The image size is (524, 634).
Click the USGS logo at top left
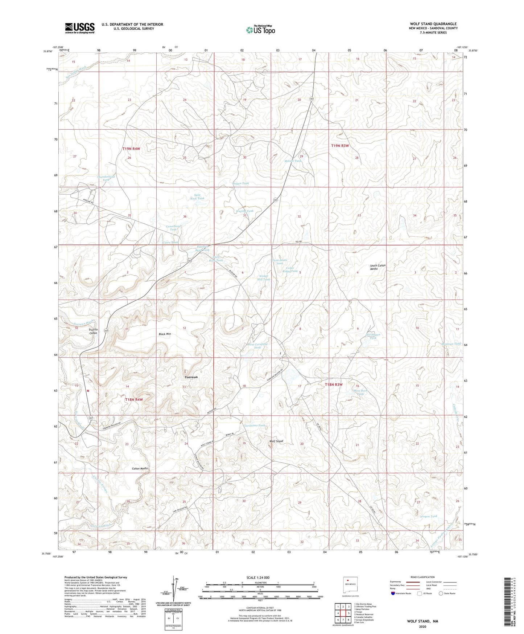click(x=79, y=28)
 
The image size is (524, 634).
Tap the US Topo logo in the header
click(x=260, y=30)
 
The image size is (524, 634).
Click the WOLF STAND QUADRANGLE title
click(x=433, y=24)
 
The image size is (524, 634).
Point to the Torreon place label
click(x=191, y=377)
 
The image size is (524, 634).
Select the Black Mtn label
click(x=165, y=334)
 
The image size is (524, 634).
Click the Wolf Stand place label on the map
click(x=276, y=441)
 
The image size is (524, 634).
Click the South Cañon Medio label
click(x=377, y=267)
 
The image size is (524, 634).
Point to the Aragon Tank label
click(x=429, y=516)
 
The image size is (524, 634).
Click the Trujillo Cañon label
click(x=93, y=331)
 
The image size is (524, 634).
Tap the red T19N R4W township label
click(x=131, y=149)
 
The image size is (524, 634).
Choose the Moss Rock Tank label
click(x=360, y=392)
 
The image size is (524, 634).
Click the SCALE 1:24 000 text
click(x=257, y=577)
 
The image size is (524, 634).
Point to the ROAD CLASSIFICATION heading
click(x=422, y=577)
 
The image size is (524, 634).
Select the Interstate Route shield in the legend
click(x=393, y=593)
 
